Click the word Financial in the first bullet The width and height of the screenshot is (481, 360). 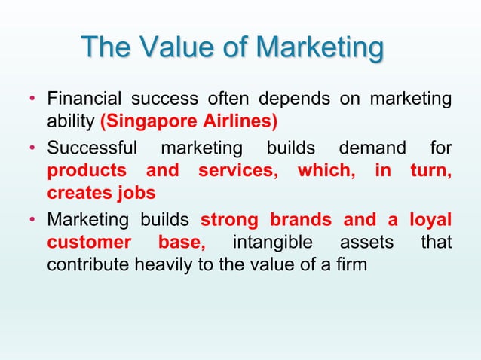pos(85,100)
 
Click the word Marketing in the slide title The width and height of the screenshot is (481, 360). pos(320,48)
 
